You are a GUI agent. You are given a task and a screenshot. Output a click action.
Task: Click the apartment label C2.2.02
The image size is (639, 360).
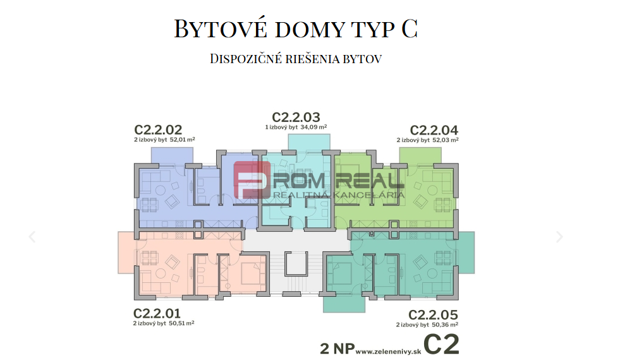[x=159, y=129]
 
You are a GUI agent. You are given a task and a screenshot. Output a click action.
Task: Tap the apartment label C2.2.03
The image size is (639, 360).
[x=296, y=117]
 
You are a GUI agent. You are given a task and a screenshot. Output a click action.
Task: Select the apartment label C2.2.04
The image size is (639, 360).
[x=434, y=129]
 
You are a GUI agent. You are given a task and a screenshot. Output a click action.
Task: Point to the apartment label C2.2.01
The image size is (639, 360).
[x=157, y=313]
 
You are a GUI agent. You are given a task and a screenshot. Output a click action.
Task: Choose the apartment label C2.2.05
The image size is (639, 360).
[x=433, y=315]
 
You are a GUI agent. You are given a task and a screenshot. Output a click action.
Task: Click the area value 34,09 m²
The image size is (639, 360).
[x=314, y=127]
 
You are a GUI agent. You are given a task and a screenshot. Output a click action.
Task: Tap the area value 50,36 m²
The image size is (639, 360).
[x=445, y=325]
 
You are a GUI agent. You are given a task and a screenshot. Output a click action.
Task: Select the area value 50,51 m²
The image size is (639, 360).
[x=181, y=323]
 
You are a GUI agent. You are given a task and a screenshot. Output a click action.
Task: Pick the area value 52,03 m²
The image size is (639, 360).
[x=446, y=140]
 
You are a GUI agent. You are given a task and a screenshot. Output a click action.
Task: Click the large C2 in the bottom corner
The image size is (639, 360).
[x=441, y=344]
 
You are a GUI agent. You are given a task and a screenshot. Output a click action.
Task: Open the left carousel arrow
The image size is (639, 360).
[x=32, y=237]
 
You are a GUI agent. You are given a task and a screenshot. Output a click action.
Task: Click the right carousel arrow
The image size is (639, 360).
[x=559, y=237]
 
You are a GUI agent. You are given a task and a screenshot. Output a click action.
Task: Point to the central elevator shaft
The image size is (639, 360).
[x=295, y=263]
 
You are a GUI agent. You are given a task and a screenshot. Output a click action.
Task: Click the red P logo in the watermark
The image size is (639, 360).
[x=252, y=180]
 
